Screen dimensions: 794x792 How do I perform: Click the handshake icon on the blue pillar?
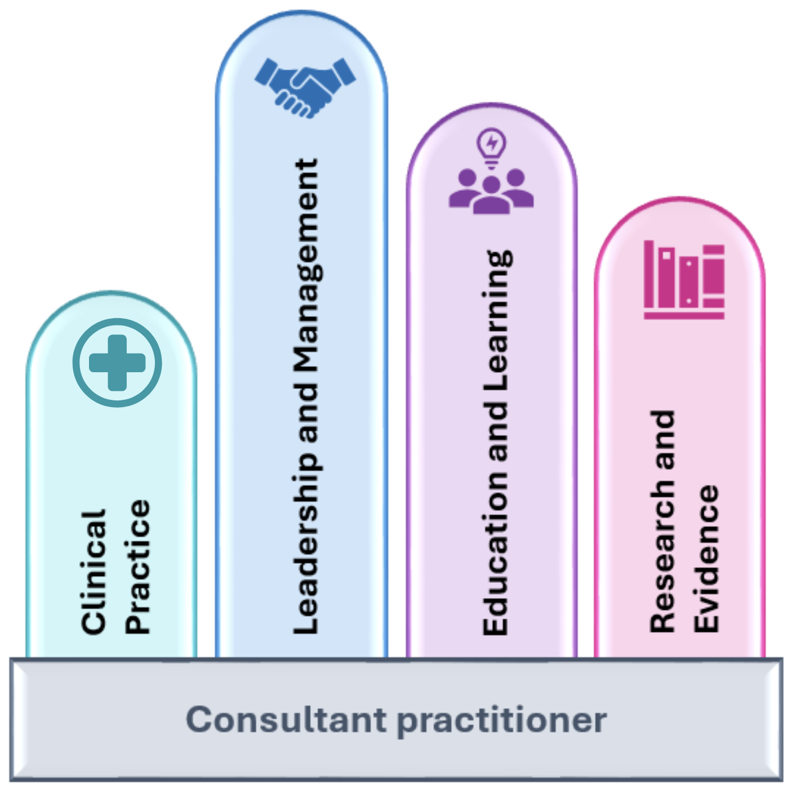tap(305, 87)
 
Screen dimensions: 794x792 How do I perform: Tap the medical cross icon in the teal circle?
tap(117, 363)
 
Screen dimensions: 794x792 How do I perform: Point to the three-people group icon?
tap(491, 191)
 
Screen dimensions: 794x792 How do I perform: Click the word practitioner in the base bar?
tap(502, 720)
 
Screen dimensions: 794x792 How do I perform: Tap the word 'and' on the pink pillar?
tap(663, 440)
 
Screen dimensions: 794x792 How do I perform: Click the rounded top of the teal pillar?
tap(112, 304)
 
